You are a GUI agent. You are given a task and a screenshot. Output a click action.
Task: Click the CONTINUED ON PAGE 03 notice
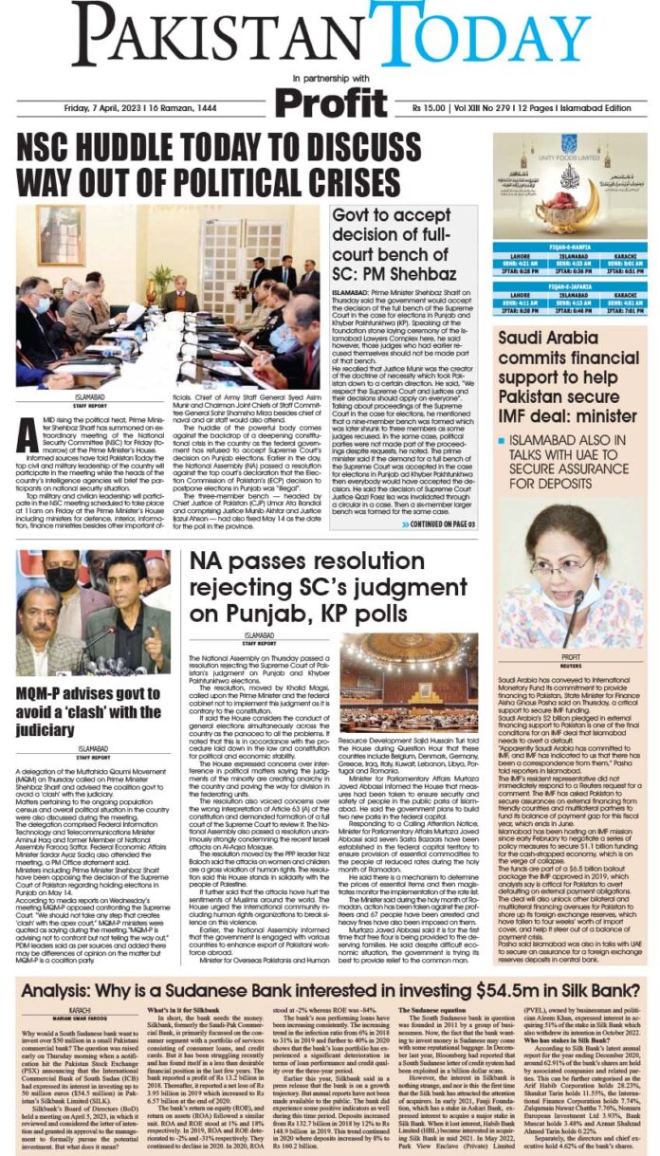(444, 523)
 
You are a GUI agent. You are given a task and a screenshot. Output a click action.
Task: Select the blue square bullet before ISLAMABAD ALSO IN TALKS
(500, 440)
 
